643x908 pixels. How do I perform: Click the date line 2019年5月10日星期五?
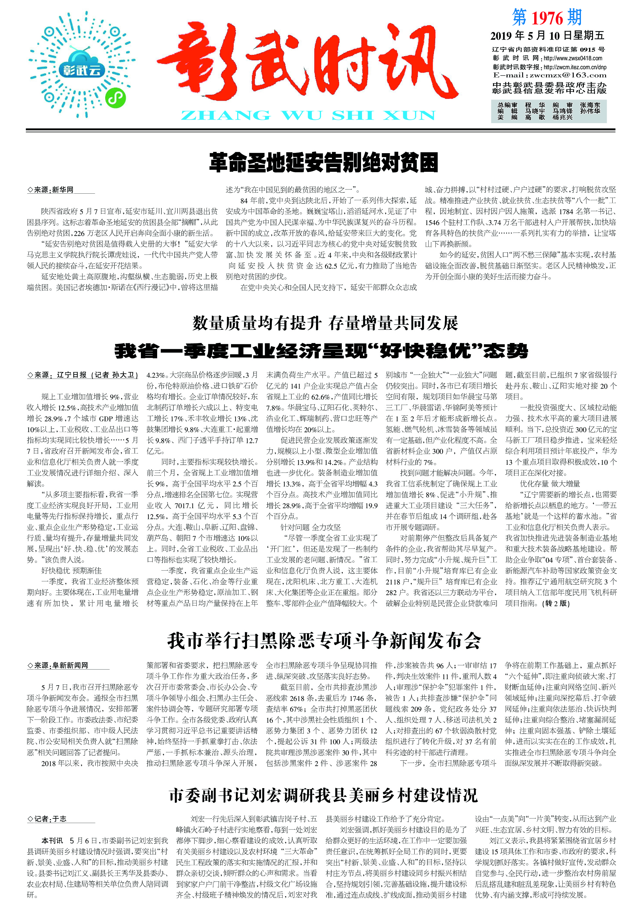point(547,36)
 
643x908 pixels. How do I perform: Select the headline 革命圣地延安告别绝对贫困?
point(323,162)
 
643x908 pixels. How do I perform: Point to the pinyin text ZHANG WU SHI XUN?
point(308,116)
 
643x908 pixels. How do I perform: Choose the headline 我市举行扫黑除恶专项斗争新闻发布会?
point(323,641)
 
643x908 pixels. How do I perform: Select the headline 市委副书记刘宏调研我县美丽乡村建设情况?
point(323,795)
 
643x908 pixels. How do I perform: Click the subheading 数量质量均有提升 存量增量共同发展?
point(325,323)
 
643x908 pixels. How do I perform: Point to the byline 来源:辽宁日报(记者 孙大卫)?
point(83,375)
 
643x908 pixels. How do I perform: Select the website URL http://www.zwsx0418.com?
point(572,58)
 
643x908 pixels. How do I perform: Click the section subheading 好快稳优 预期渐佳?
point(72,570)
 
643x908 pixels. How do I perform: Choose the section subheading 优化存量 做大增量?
point(550,483)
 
